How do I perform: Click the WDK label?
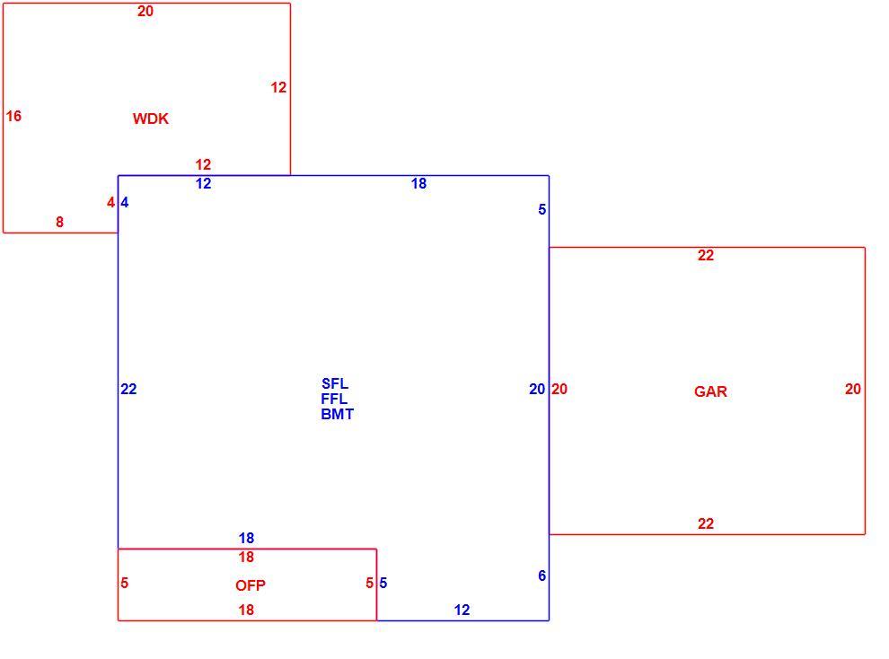click(x=150, y=119)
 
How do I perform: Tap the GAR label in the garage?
click(x=710, y=391)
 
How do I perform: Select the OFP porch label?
click(x=250, y=585)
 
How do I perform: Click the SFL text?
click(x=335, y=383)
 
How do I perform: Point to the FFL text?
click(x=334, y=399)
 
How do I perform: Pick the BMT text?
click(x=337, y=414)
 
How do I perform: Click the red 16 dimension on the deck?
click(x=13, y=116)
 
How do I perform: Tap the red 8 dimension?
click(x=59, y=222)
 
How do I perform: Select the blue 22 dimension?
click(x=128, y=390)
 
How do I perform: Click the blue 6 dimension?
click(x=542, y=576)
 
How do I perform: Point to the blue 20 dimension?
click(x=537, y=390)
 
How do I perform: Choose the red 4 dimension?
click(x=110, y=202)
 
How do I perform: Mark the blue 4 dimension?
click(x=125, y=202)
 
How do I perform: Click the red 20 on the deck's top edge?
click(x=145, y=12)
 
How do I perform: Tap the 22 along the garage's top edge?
click(x=705, y=256)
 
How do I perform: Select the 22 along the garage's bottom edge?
click(x=705, y=523)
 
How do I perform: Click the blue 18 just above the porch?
click(x=246, y=538)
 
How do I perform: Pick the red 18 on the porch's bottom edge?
click(x=246, y=610)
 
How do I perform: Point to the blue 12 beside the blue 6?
click(x=462, y=610)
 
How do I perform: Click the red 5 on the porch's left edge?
click(x=125, y=583)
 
